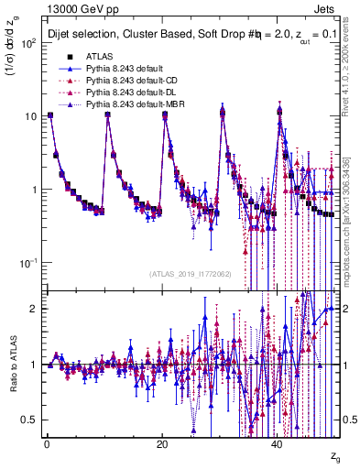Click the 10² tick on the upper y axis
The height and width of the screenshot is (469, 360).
click(28, 43)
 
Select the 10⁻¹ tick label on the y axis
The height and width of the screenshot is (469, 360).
click(28, 263)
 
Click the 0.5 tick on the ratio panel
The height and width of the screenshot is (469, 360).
click(30, 420)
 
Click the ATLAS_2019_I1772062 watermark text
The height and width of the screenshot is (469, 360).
click(191, 274)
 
